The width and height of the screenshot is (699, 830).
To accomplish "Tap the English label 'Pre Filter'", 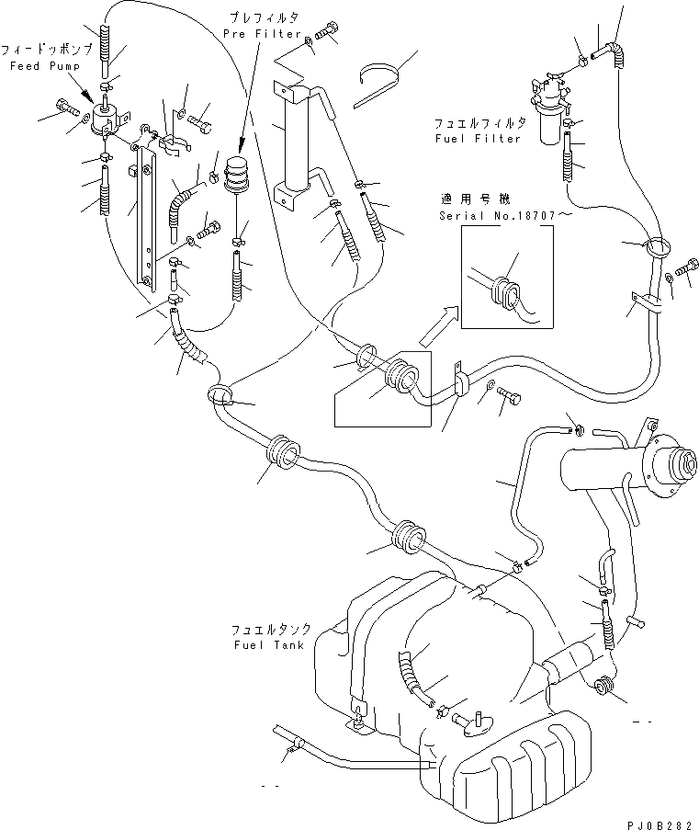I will coord(263,34).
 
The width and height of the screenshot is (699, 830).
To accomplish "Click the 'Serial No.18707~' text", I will coord(503,215).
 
